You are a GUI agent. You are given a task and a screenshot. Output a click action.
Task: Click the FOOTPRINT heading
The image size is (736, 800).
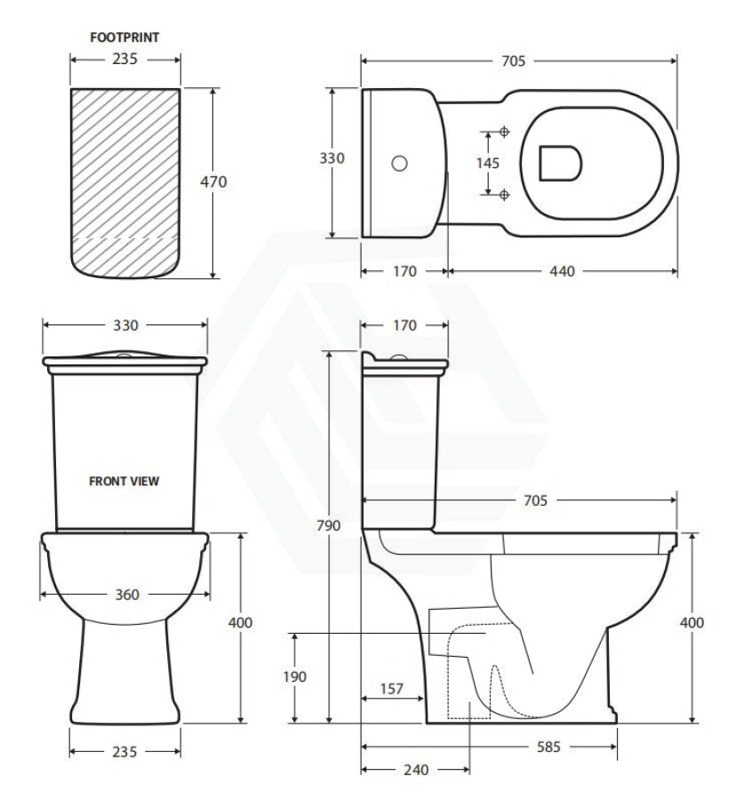[124, 37]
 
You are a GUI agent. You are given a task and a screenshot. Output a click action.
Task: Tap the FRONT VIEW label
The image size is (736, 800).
[124, 481]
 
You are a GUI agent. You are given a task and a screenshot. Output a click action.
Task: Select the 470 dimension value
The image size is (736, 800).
[213, 181]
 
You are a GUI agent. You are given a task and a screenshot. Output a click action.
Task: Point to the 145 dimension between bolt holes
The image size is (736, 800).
[488, 164]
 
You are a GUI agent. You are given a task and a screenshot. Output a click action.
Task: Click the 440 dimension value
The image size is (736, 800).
[562, 271]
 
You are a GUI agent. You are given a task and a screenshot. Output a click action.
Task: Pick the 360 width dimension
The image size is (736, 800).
[127, 595]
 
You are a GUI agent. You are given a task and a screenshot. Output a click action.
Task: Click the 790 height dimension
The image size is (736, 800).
[328, 525]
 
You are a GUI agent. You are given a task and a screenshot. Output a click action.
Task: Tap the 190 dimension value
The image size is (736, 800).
[295, 677]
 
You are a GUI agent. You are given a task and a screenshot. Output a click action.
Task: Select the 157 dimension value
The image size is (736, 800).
[392, 689]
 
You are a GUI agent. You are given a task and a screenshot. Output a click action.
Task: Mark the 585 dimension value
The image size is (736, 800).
[548, 747]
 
